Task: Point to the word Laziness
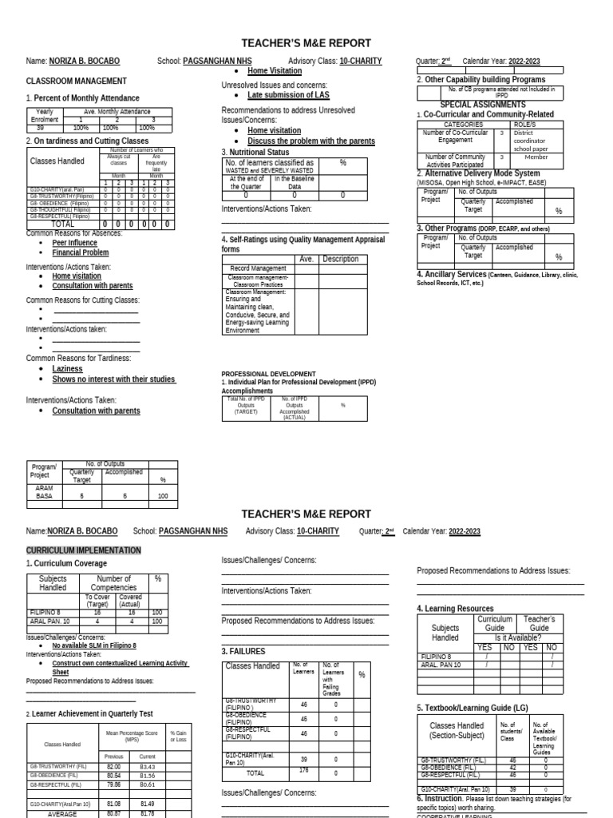67,369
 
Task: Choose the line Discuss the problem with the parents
310,141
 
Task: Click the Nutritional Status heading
258,152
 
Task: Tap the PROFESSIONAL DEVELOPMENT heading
268,374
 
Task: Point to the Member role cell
536,157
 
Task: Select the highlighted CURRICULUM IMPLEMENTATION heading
84,551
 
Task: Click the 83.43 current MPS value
147,767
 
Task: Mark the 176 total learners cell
303,772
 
